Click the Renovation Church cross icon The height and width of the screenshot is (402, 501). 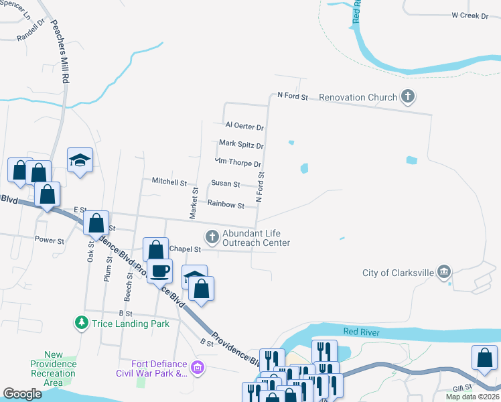407,97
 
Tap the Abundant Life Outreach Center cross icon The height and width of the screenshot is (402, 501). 212,236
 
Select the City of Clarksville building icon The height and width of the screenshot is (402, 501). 443,272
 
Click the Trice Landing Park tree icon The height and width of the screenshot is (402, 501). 82,323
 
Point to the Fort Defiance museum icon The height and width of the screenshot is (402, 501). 197,367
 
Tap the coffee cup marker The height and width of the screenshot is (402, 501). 160,271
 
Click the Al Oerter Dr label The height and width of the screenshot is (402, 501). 244,126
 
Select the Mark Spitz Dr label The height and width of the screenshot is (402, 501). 241,145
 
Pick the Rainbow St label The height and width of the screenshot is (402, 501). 226,204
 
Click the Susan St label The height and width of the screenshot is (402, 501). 226,183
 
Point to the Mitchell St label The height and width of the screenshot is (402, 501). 169,182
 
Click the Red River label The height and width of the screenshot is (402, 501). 361,332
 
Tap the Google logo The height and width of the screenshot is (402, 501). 22,394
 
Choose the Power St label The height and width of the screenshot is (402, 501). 49,240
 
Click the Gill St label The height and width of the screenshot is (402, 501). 462,388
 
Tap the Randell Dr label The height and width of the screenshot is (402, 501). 31,30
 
